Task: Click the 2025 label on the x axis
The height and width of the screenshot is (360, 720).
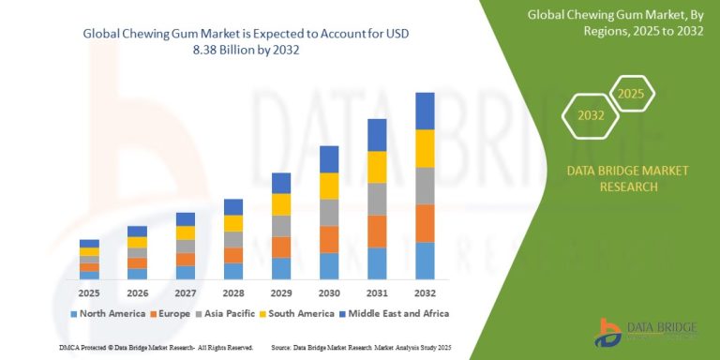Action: pos(89,292)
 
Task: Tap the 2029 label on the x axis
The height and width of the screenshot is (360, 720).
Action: pos(281,292)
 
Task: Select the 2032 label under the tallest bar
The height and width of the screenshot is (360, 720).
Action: pos(425,292)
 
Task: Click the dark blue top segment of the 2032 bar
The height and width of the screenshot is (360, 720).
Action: pos(425,111)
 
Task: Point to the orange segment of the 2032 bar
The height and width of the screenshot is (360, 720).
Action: pos(425,223)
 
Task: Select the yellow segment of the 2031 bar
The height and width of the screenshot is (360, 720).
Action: pos(377,167)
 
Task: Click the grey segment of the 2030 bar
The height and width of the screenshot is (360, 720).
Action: pos(329,213)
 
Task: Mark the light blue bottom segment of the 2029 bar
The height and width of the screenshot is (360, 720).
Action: pos(281,269)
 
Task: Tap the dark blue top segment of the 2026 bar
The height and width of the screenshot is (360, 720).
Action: pos(137,232)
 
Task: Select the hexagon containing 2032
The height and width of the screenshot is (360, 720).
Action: pos(590,116)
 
